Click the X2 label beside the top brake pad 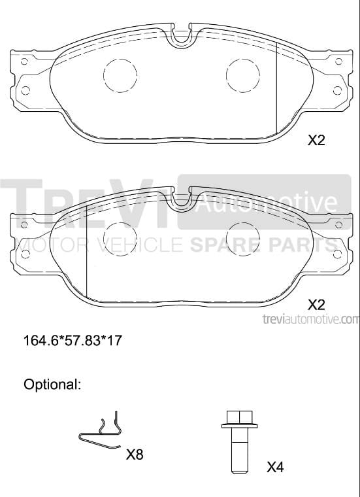(316, 140)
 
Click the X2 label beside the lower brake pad (316, 305)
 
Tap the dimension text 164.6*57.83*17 (73, 341)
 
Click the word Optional (52, 385)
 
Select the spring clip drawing (101, 434)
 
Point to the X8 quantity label (135, 455)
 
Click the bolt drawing (239, 442)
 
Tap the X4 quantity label (275, 467)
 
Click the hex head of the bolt (240, 417)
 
